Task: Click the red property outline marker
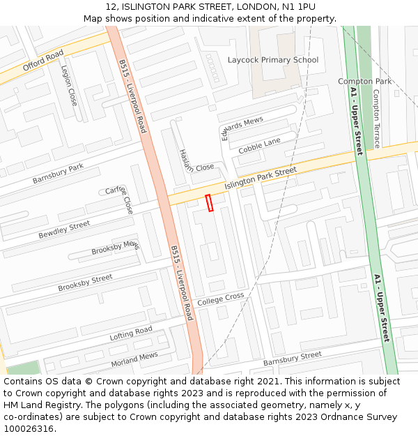(x=209, y=202)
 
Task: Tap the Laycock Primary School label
(x=272, y=60)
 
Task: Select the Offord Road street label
(x=43, y=61)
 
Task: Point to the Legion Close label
(x=70, y=86)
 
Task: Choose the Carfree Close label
(x=120, y=200)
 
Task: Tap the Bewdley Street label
(x=64, y=229)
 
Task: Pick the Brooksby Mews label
(x=116, y=248)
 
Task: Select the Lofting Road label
(x=130, y=333)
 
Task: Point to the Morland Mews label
(x=134, y=360)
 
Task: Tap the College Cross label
(x=220, y=300)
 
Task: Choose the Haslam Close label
(x=196, y=161)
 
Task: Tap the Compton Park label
(x=364, y=82)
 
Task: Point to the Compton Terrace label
(x=376, y=119)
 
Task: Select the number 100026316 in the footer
(x=27, y=428)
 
